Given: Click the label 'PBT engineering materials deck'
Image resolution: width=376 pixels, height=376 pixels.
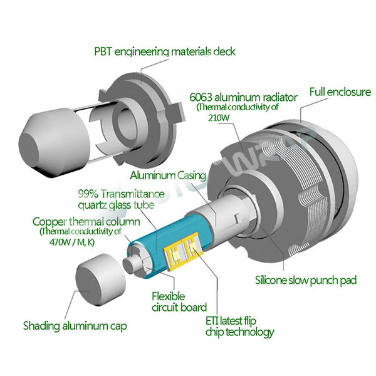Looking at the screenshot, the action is click(x=165, y=52).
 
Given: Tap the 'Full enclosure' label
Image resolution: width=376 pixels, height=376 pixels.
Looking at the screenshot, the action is click(x=340, y=92).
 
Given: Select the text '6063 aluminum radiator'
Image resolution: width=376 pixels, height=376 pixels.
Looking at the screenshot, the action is click(x=243, y=97).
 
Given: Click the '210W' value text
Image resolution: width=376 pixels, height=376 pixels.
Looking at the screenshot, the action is click(x=219, y=118).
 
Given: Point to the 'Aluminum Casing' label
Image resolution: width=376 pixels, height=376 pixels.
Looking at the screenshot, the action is click(x=168, y=175).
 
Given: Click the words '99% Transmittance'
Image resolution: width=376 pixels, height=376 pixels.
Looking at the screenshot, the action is click(x=122, y=194).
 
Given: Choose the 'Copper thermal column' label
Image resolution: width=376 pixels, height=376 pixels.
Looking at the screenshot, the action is click(x=86, y=222).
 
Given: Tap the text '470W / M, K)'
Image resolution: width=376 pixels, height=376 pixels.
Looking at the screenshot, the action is click(x=72, y=242).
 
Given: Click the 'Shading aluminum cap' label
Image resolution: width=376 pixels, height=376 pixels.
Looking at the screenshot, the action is click(x=75, y=326).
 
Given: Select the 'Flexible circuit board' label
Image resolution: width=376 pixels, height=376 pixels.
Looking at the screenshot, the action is click(x=179, y=302).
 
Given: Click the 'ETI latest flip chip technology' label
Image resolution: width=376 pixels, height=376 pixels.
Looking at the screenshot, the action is click(x=239, y=326).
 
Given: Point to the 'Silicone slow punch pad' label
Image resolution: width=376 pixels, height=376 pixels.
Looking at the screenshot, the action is click(x=306, y=280).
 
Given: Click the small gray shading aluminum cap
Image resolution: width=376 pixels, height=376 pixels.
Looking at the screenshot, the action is click(x=101, y=279).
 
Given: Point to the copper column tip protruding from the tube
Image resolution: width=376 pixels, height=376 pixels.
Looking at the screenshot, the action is click(x=131, y=264).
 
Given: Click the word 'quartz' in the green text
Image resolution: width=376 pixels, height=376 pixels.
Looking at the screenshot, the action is click(x=92, y=206).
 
